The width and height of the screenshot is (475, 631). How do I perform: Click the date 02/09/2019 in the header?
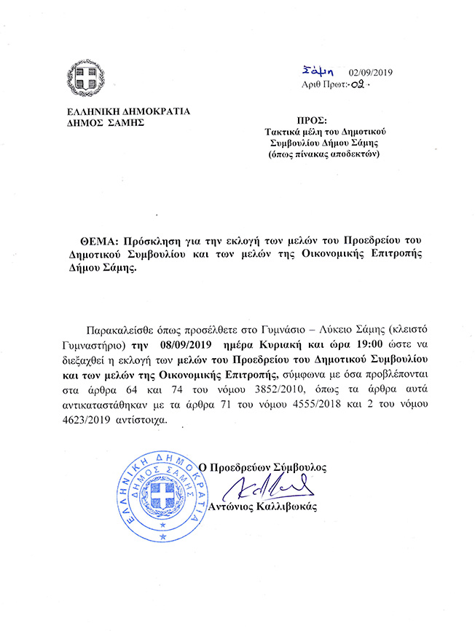point(371,72)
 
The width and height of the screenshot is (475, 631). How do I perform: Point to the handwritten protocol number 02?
point(358,85)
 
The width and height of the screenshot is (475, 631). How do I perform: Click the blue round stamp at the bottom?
point(162,495)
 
